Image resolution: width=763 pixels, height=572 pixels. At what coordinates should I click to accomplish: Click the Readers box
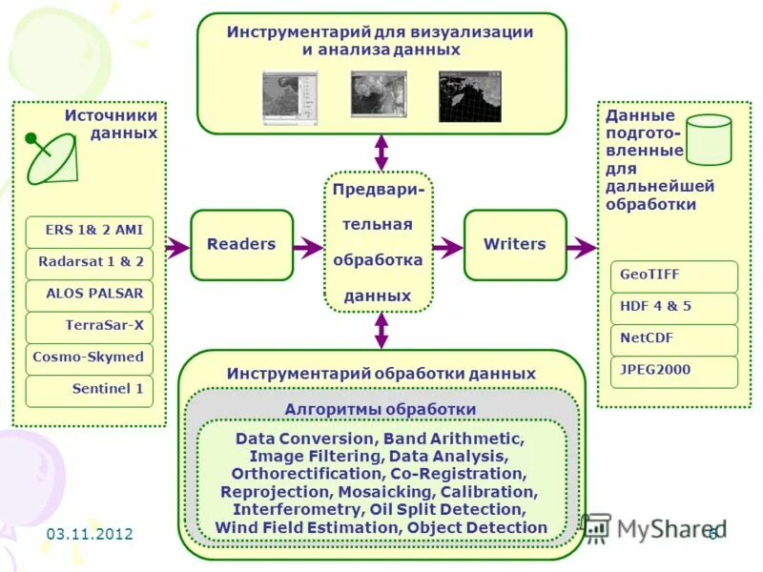(x=241, y=245)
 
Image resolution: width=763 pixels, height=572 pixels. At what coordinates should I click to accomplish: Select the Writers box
(x=515, y=245)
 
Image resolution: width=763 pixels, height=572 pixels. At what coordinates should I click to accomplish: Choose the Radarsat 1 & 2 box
(x=90, y=262)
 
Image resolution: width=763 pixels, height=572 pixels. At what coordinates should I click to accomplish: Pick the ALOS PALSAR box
(x=90, y=295)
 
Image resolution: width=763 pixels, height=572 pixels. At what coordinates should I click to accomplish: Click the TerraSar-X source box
(x=90, y=326)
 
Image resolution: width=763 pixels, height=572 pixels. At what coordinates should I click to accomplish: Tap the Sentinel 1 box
(x=90, y=390)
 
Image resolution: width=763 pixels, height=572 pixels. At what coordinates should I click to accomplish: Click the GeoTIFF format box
(x=674, y=276)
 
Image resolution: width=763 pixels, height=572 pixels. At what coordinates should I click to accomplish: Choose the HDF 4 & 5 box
(x=674, y=308)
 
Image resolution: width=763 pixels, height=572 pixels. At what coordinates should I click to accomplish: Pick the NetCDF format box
(x=674, y=339)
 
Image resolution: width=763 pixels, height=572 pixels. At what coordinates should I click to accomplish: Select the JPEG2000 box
(x=674, y=371)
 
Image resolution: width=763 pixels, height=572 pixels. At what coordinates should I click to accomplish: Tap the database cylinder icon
(x=709, y=139)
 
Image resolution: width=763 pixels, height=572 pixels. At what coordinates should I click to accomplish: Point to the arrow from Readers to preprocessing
(x=307, y=248)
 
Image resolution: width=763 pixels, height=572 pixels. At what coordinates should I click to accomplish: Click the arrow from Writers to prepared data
(x=581, y=248)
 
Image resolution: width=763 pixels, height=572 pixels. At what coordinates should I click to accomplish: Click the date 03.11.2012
(x=90, y=534)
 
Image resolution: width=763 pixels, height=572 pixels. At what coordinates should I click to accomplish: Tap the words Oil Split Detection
(x=461, y=510)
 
